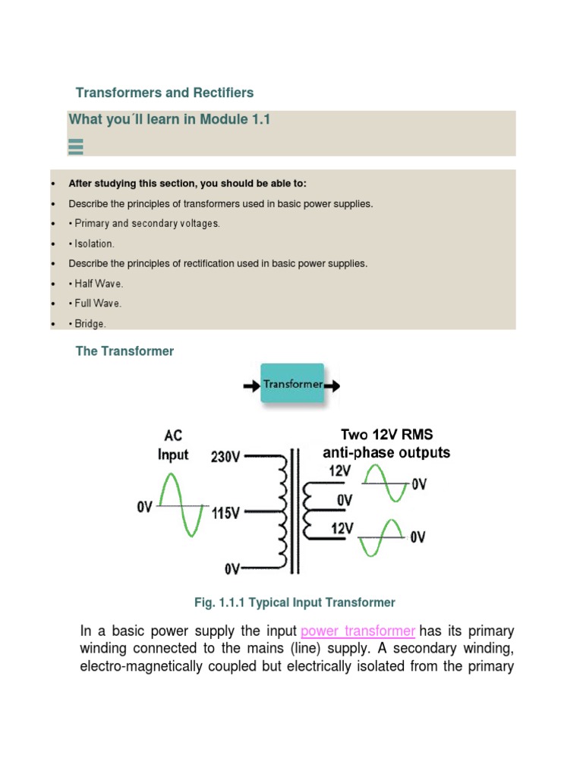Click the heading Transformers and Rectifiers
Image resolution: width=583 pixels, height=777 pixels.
(x=165, y=93)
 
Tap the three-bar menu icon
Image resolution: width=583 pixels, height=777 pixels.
(x=76, y=146)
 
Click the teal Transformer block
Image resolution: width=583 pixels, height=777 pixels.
(x=292, y=384)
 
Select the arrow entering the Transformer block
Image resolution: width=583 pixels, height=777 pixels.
(x=251, y=385)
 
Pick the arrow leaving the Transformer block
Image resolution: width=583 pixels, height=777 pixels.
(x=332, y=385)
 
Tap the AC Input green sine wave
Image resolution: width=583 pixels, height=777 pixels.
(x=181, y=505)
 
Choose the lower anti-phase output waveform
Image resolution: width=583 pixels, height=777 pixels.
(x=382, y=537)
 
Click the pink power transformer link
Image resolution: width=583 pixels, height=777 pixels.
(x=358, y=631)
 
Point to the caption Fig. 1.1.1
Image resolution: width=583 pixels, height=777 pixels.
(x=295, y=602)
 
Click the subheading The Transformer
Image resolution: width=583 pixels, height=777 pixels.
(x=124, y=351)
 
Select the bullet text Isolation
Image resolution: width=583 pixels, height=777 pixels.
(x=94, y=244)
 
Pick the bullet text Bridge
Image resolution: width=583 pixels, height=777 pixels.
(x=90, y=323)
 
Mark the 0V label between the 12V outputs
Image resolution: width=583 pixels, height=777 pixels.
(x=344, y=500)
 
